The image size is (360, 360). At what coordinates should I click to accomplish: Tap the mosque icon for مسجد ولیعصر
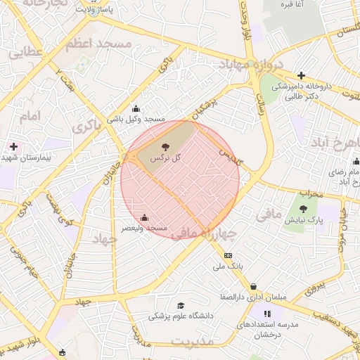point(145,217)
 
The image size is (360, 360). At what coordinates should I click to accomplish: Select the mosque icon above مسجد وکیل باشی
point(136,109)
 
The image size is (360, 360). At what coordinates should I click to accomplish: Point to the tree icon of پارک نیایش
point(303,209)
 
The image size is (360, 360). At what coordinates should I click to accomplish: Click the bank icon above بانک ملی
point(227,255)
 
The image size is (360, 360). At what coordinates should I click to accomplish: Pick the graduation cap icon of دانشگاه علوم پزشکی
point(181,306)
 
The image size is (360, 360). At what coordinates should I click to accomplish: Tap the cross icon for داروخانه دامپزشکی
point(301,75)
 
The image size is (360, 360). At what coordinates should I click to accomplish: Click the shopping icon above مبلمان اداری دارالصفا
point(253,286)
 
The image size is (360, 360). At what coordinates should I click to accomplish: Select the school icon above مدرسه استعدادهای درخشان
point(267,314)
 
